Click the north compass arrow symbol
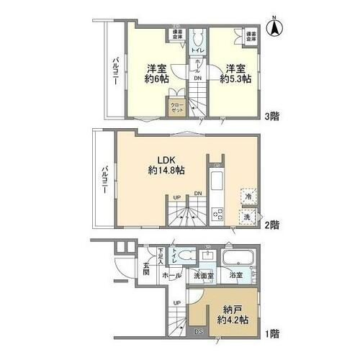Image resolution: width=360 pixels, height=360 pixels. [x=274, y=30]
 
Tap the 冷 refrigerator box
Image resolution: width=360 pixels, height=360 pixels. [x=247, y=195]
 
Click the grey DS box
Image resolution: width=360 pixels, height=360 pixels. [x=199, y=332]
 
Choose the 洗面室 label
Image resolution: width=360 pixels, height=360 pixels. [x=204, y=276]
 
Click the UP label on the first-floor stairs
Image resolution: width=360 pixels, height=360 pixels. [x=176, y=303]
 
